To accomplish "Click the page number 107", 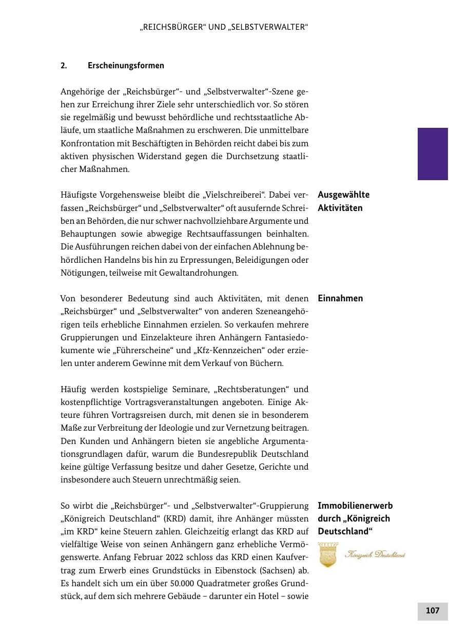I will [433, 611].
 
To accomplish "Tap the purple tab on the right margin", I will [433, 154].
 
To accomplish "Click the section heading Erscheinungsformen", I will [126, 66].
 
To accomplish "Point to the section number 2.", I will [64, 66].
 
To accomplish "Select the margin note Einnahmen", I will [340, 299].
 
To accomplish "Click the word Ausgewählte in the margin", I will [343, 195].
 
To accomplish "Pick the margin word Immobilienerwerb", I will [355, 506].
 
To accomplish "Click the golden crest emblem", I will [328, 555].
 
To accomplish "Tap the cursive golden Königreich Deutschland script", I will [375, 555].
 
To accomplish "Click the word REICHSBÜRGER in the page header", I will [174, 27].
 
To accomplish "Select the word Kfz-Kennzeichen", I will [220, 351].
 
